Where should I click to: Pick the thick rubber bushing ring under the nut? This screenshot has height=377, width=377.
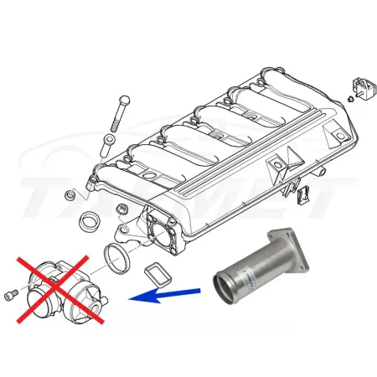pos(86,224)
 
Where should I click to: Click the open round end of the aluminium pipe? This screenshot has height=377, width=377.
pos(230,282)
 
